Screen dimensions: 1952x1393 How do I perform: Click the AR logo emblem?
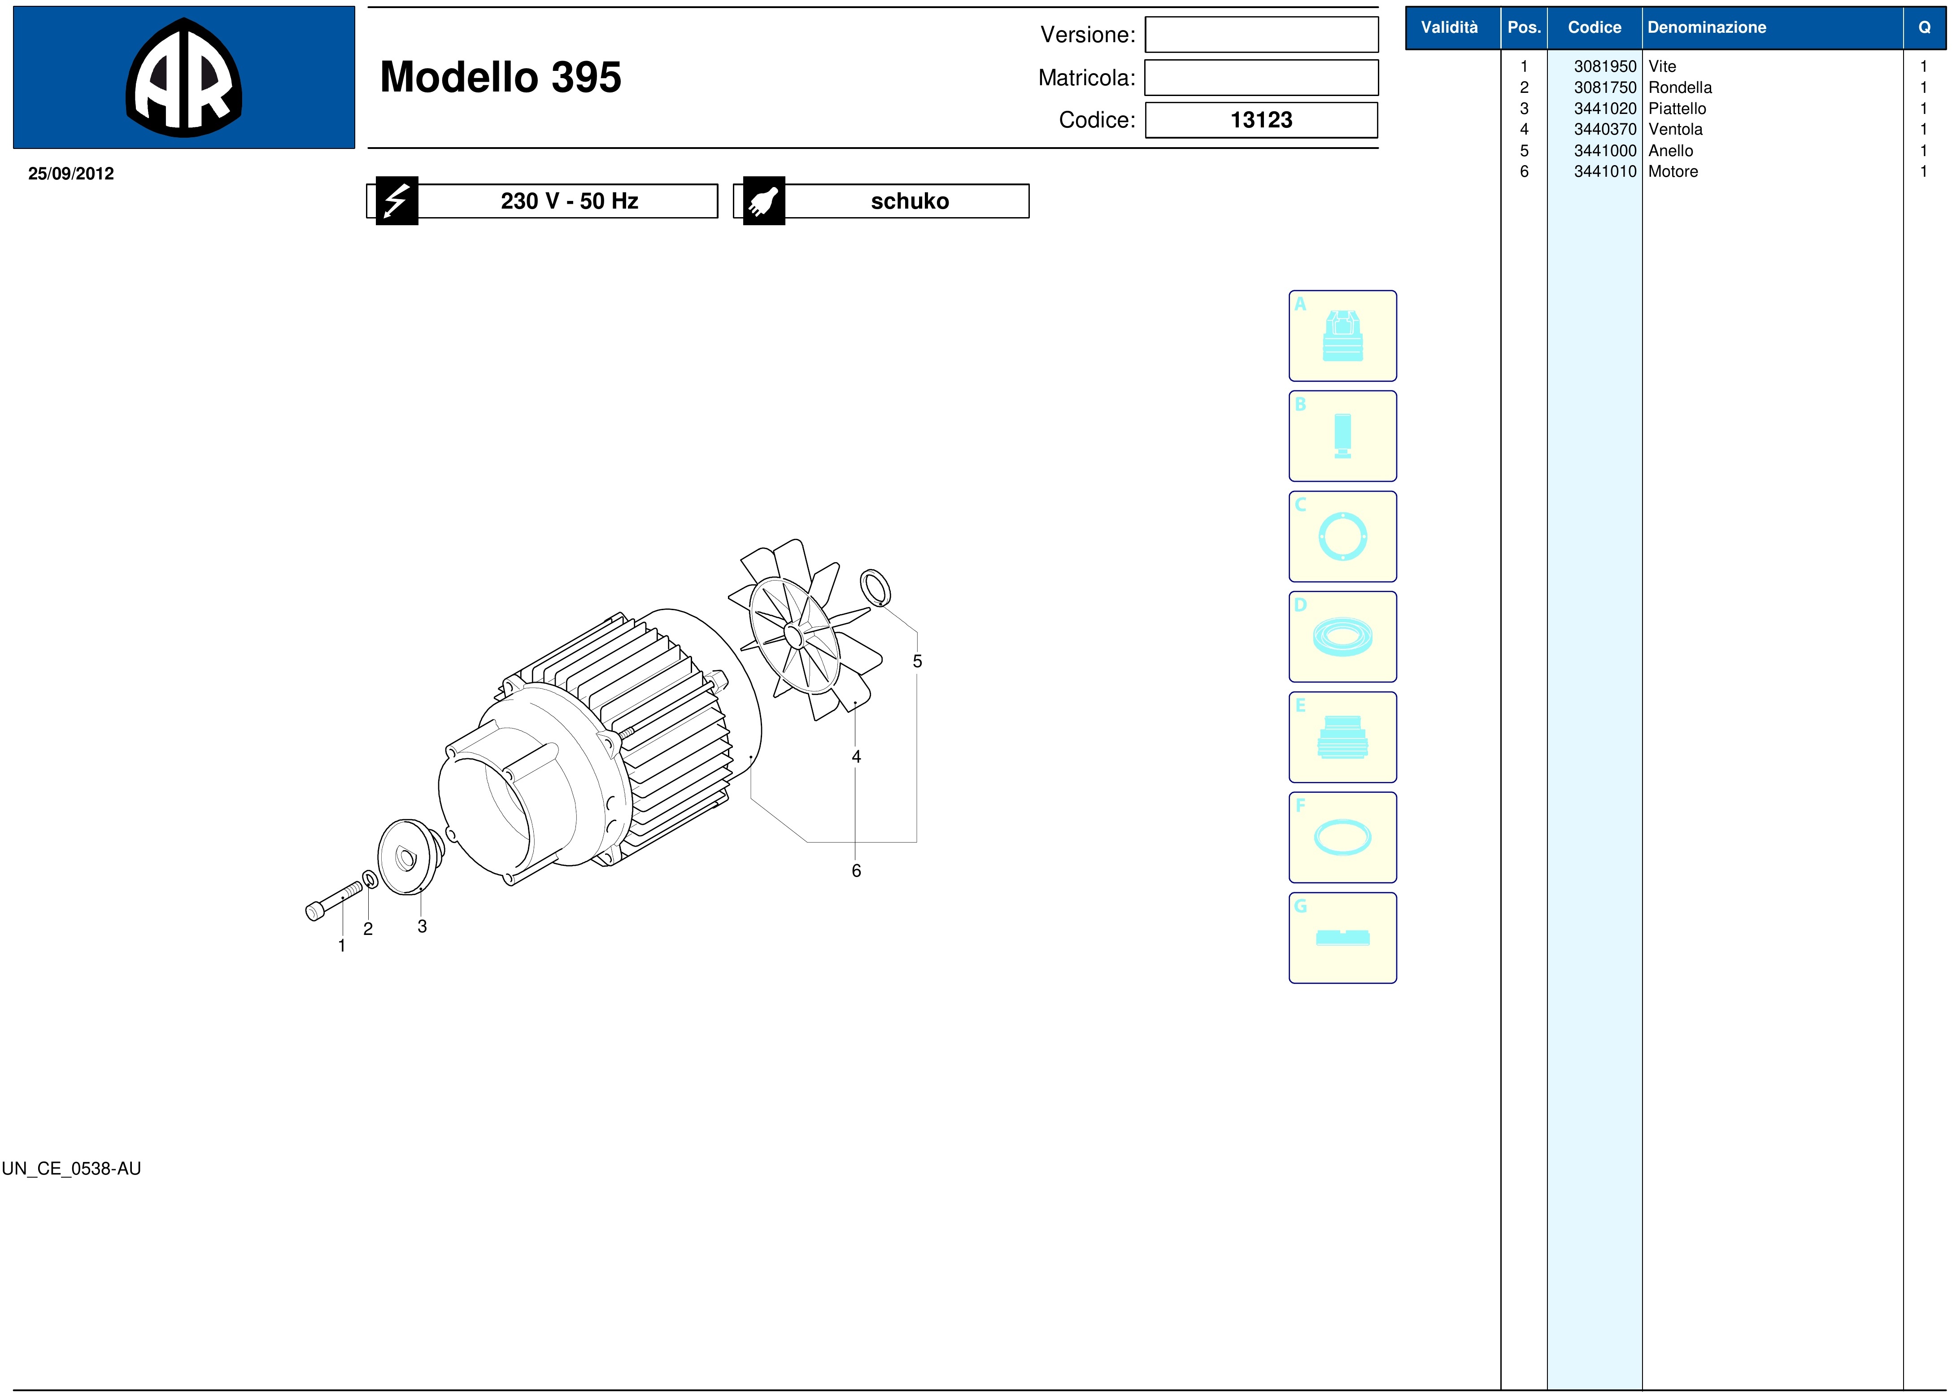pyautogui.click(x=183, y=77)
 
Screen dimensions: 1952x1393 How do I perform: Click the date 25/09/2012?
pyautogui.click(x=71, y=173)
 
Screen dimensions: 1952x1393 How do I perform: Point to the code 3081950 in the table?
pyautogui.click(x=1605, y=66)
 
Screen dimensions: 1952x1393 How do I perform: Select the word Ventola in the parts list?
pyautogui.click(x=1675, y=130)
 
